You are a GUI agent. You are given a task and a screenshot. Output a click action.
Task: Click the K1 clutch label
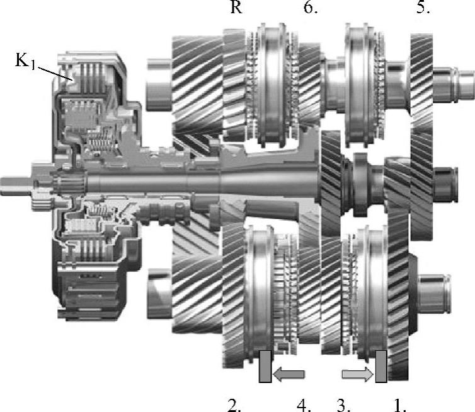coord(25,61)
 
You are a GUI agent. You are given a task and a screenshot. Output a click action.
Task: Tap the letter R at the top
coord(237,7)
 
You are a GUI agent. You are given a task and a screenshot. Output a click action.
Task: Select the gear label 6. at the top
coord(311,7)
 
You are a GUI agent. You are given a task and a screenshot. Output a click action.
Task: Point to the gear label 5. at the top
coord(423,7)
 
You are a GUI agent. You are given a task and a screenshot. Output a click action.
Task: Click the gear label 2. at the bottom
coord(234,405)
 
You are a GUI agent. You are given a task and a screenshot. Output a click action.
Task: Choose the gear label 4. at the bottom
coord(304,405)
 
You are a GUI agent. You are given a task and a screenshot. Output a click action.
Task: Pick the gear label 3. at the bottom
coord(344,405)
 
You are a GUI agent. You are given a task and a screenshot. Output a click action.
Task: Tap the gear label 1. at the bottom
coord(400,405)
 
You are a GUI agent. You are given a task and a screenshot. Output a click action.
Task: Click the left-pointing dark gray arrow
coord(289,374)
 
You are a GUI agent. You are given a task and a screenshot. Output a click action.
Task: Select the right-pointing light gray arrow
coord(357,374)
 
